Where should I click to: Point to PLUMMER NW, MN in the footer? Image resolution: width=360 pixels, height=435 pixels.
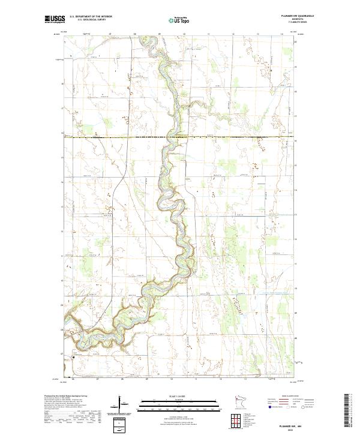(x=298, y=424)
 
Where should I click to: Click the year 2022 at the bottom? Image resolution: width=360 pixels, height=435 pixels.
(x=298, y=428)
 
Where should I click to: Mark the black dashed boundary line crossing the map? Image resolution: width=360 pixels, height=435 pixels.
(x=180, y=137)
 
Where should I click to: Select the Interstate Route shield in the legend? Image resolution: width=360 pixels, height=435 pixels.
(x=268, y=406)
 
